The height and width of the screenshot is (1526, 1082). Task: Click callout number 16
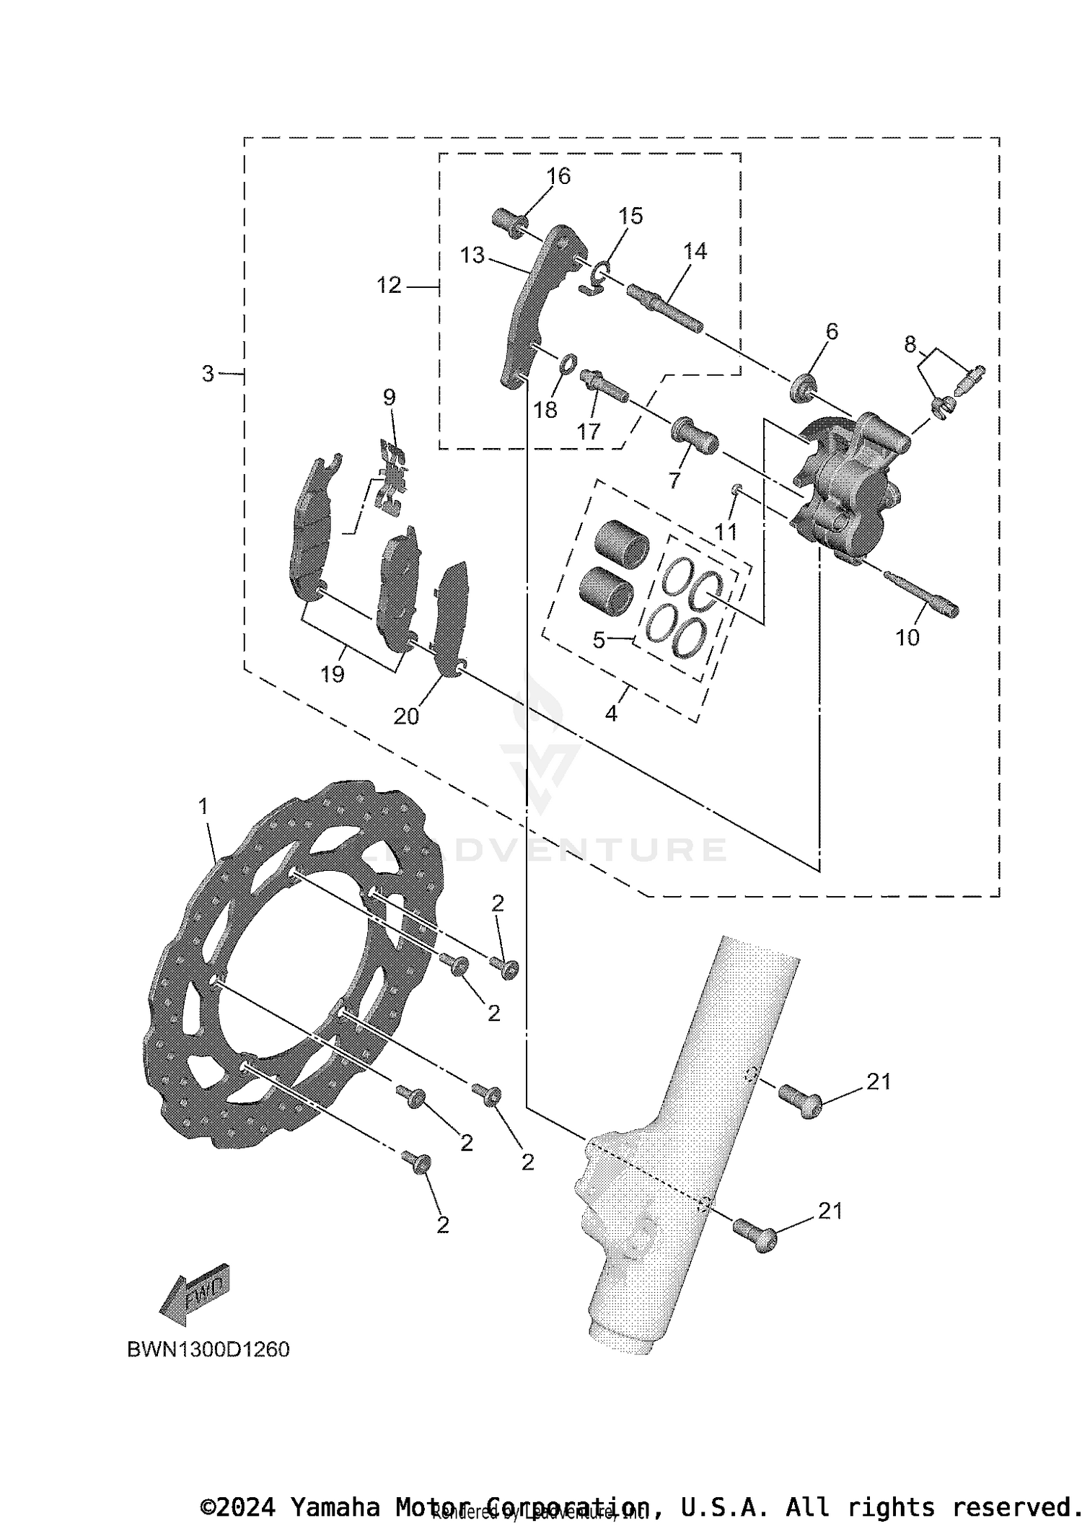558,176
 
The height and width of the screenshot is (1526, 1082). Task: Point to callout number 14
695,251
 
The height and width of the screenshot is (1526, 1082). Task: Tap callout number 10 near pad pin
907,638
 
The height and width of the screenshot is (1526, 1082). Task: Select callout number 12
388,286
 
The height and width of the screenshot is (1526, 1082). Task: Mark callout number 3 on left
208,374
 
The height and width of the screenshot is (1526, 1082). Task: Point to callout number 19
333,675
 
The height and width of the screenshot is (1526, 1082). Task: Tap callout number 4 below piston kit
611,714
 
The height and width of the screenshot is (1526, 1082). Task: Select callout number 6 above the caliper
832,332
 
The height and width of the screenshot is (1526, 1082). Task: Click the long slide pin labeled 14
665,309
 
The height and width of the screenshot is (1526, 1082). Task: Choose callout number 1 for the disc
203,806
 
